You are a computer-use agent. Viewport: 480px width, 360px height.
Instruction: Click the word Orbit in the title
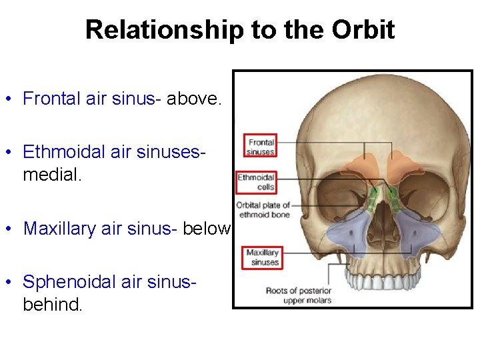coord(365,30)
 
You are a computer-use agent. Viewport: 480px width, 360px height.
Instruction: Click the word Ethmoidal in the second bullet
coord(65,152)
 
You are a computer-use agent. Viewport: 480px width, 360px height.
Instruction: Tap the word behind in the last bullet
coord(52,305)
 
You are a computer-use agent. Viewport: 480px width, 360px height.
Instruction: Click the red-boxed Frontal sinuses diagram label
coord(261,147)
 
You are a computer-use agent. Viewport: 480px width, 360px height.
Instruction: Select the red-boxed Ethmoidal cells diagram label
coord(257,182)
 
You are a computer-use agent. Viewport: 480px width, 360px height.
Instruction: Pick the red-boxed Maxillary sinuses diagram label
coord(262,257)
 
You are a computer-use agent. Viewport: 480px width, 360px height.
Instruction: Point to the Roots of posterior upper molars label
coord(298,295)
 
